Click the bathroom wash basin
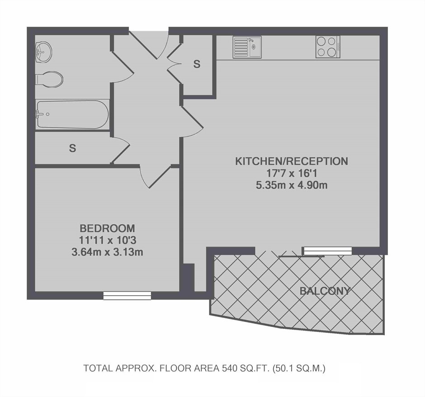coord(43,52)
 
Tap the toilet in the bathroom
coord(49,79)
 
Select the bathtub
coord(73,114)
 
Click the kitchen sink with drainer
coord(247,47)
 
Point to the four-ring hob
coord(328,47)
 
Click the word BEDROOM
coord(107,228)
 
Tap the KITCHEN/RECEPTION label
coord(291,161)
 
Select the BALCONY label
coord(325,291)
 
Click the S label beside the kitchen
coord(197,64)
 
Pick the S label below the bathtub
coord(72,148)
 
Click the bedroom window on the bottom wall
coord(127,296)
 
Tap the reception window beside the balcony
coord(328,251)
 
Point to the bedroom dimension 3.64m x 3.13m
coord(107,252)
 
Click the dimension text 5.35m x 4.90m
coord(292,185)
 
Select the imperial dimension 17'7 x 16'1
coord(292,173)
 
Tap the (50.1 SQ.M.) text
coord(299,368)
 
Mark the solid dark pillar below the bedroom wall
coord(187,278)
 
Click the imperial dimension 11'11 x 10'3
coord(107,241)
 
